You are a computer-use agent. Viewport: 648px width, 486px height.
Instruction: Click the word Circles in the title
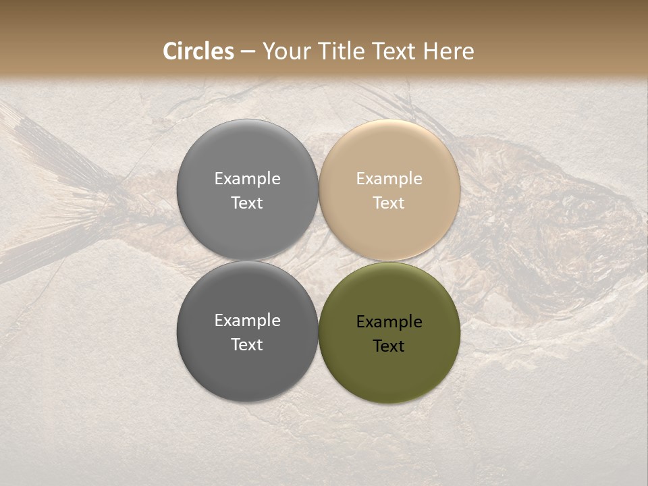click(x=198, y=51)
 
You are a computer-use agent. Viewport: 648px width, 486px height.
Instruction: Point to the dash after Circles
click(x=248, y=52)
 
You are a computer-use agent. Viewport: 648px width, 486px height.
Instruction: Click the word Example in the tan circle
click(x=389, y=179)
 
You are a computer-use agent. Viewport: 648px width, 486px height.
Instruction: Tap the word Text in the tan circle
click(x=389, y=203)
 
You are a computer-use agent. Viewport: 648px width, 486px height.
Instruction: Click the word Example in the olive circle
click(x=389, y=322)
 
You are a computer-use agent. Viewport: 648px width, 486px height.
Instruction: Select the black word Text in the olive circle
click(x=389, y=346)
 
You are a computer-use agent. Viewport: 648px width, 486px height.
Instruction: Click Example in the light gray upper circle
click(x=247, y=179)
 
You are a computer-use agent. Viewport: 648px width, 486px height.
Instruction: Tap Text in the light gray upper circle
click(x=247, y=203)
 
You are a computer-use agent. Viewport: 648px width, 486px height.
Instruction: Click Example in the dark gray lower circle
click(x=247, y=321)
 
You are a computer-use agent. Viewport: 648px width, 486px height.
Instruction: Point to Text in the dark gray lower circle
click(x=247, y=345)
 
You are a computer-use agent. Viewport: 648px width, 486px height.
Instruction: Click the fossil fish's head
click(x=574, y=223)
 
